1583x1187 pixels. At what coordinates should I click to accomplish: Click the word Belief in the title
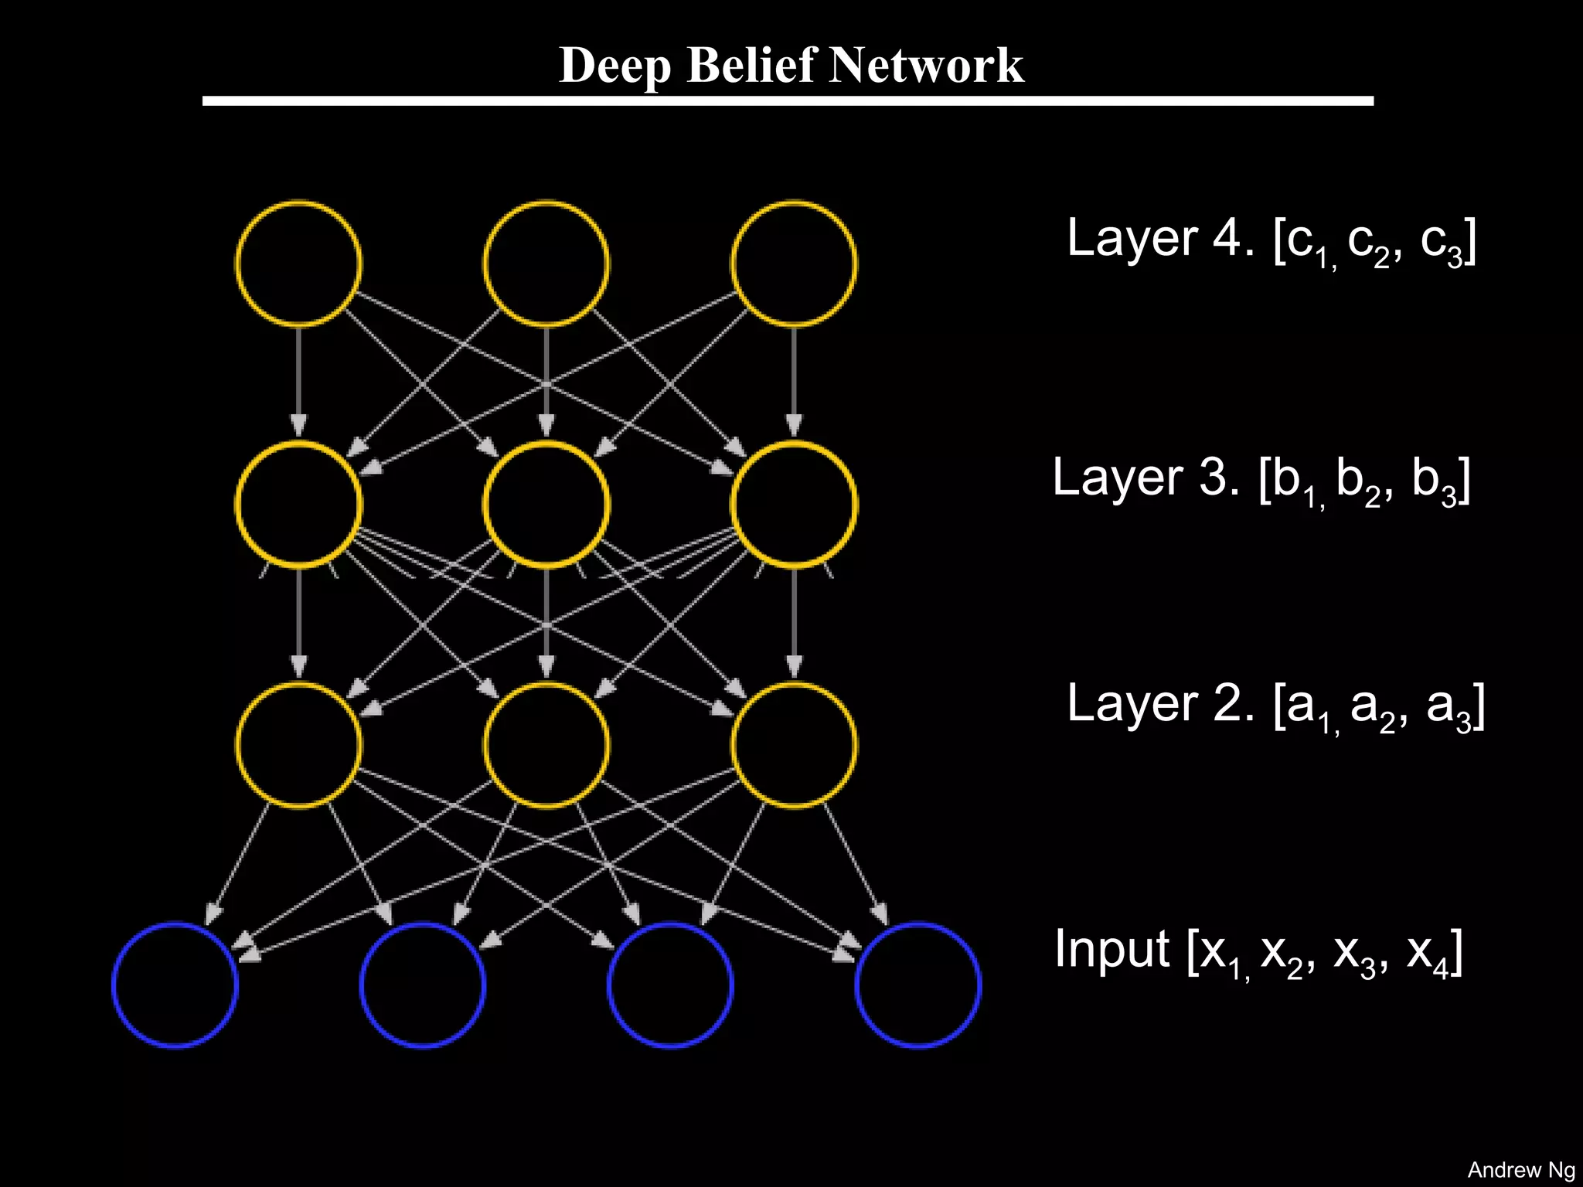751,65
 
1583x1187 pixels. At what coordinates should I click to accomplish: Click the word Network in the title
926,65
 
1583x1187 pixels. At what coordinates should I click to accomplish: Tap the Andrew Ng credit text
1520,1170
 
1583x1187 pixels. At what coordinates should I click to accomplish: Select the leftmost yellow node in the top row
298,264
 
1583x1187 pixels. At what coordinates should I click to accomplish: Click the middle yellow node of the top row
546,264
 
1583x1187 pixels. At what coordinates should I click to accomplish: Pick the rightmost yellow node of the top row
794,264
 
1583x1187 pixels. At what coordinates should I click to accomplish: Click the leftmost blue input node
175,985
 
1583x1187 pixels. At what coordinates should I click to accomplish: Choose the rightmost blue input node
918,985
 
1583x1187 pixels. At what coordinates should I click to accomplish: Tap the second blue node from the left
423,985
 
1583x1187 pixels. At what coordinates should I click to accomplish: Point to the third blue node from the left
670,985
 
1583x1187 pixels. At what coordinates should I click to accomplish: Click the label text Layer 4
1159,238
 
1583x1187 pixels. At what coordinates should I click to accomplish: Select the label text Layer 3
1146,478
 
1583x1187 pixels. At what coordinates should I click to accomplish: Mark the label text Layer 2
1159,704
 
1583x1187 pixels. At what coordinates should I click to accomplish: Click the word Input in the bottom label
1112,949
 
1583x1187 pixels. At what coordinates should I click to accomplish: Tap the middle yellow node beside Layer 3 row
546,505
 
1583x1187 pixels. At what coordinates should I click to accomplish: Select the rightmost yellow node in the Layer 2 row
794,745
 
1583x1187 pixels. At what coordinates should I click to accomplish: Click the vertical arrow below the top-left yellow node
298,379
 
